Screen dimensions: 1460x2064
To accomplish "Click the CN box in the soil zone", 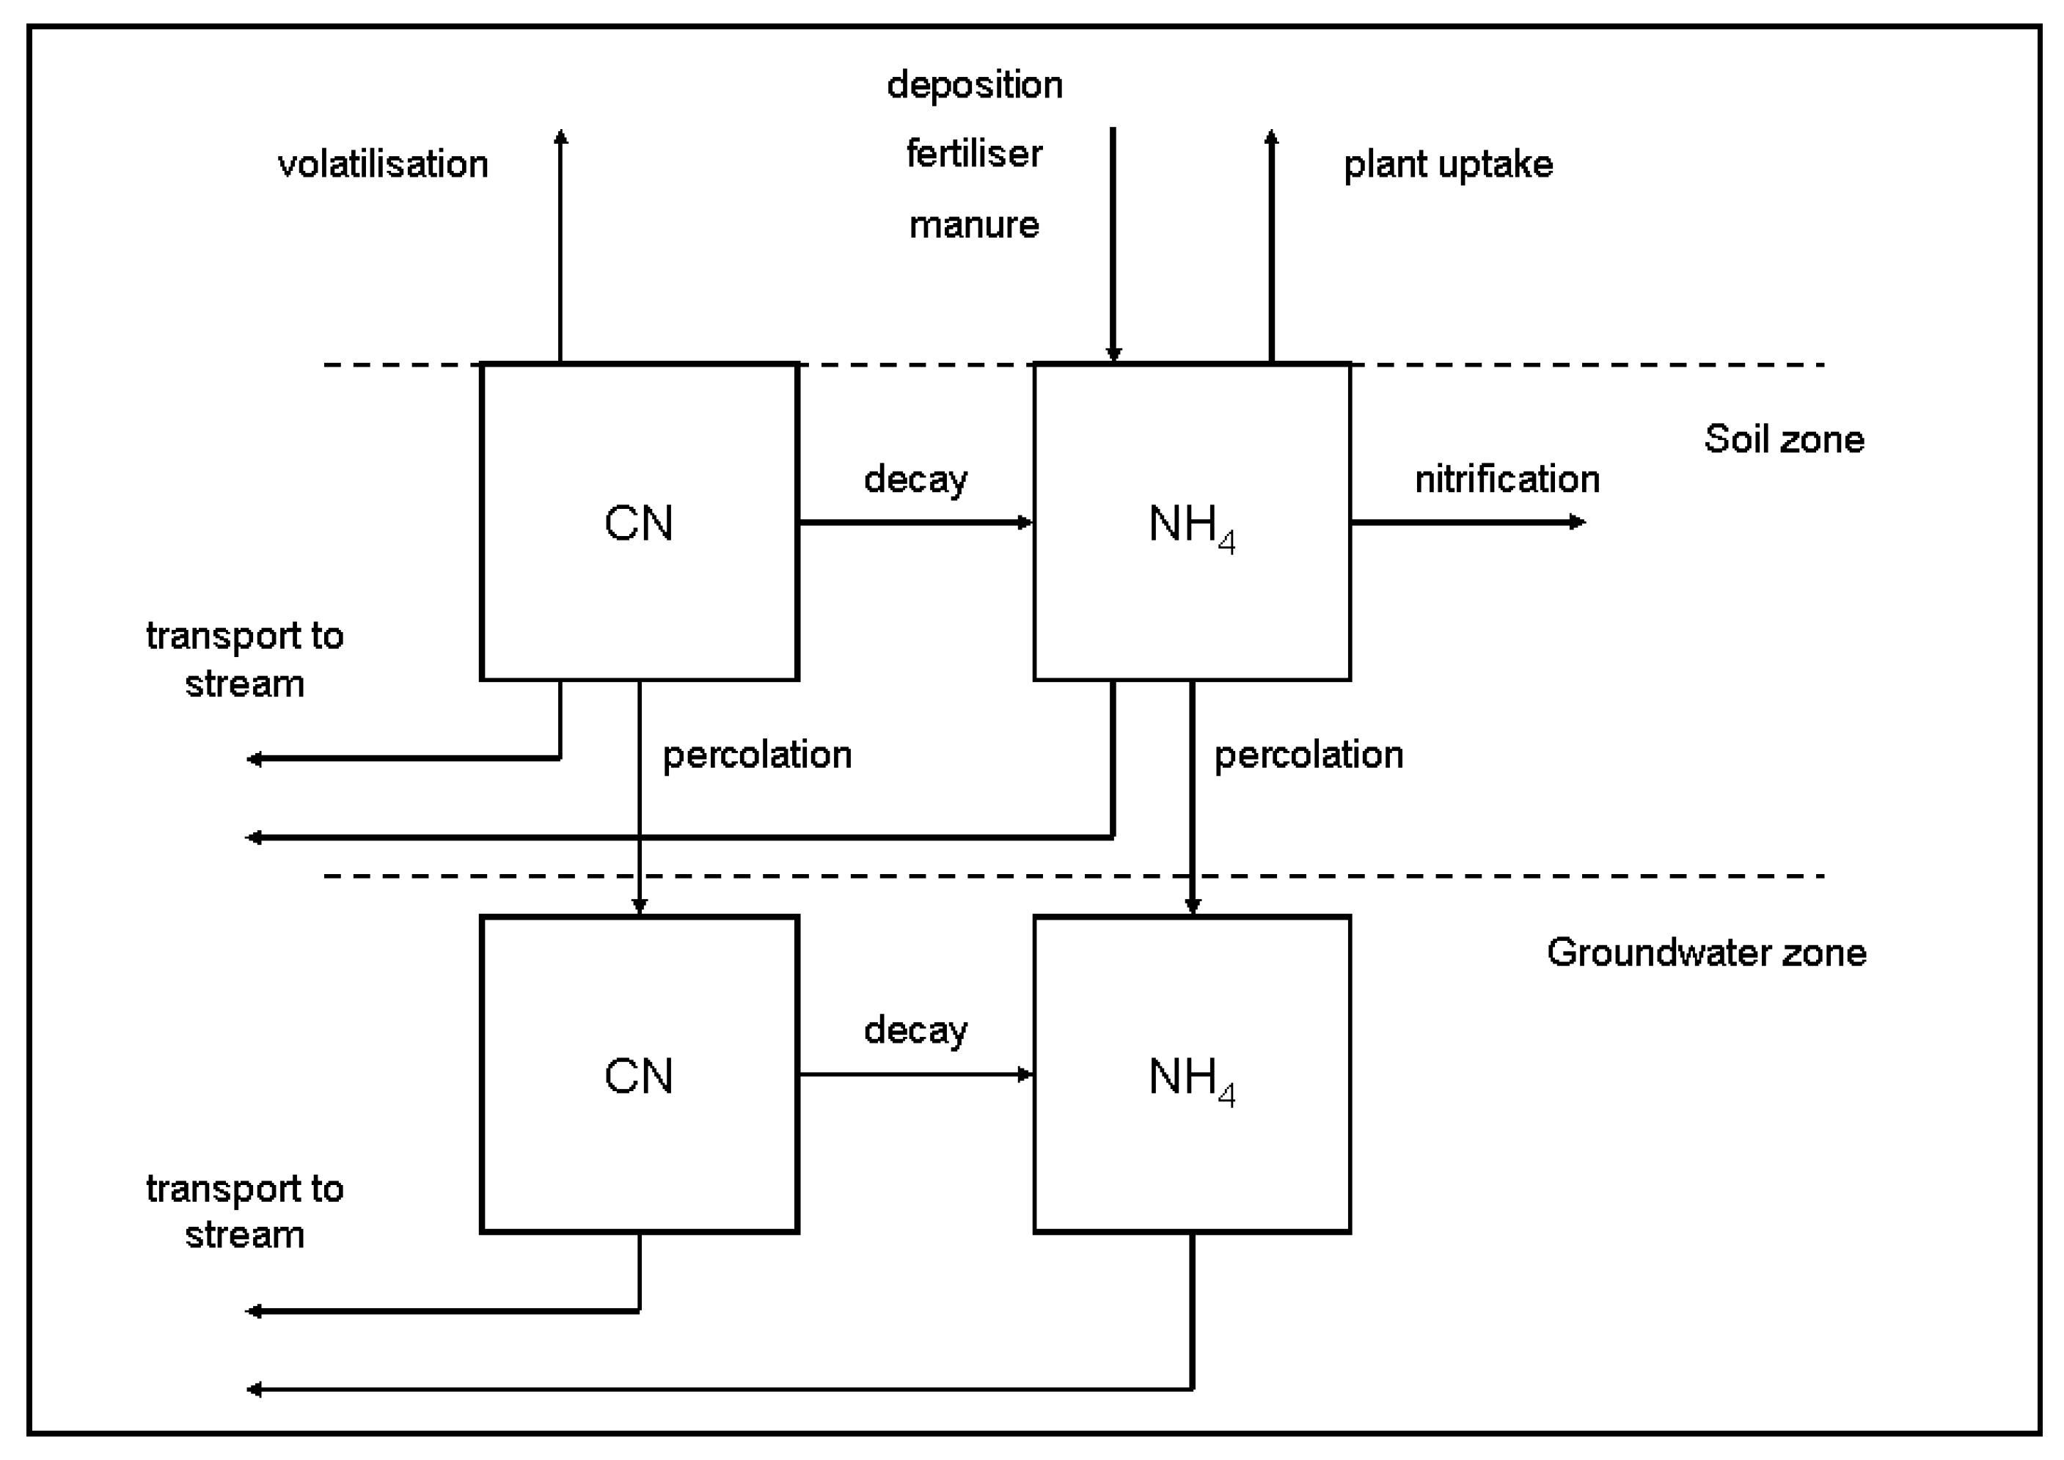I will pyautogui.click(x=639, y=521).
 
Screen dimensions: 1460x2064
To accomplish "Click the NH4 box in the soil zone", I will pyautogui.click(x=1191, y=521).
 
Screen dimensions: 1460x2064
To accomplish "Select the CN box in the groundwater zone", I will pyautogui.click(x=639, y=1074).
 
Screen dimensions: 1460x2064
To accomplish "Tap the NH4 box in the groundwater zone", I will pyautogui.click(x=1191, y=1074).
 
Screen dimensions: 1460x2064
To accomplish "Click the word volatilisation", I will pyautogui.click(x=383, y=164).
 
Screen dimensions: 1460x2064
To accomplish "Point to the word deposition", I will pyautogui.click(x=975, y=85).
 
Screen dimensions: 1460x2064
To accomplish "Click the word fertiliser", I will pyautogui.click(x=975, y=155).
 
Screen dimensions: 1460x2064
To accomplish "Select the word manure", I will pyautogui.click(x=975, y=224).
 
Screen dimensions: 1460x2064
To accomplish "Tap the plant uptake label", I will pyautogui.click(x=1447, y=164).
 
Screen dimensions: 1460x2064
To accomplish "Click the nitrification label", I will pyautogui.click(x=1507, y=479).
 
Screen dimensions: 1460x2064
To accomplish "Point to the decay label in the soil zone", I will pyautogui.click(x=915, y=479).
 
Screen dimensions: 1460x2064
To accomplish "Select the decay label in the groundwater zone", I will pyautogui.click(x=915, y=1030).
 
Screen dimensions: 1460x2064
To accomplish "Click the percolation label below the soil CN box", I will pyautogui.click(x=757, y=755).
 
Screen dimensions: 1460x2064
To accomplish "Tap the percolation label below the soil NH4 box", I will pyautogui.click(x=1308, y=755).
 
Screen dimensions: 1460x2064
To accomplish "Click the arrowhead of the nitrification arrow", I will pyautogui.click(x=1578, y=521).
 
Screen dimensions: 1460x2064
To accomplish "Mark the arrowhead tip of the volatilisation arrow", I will pyautogui.click(x=561, y=136).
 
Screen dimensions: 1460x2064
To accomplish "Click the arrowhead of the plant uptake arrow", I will pyautogui.click(x=1271, y=136).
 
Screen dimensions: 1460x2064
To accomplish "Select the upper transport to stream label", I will pyautogui.click(x=244, y=659).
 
